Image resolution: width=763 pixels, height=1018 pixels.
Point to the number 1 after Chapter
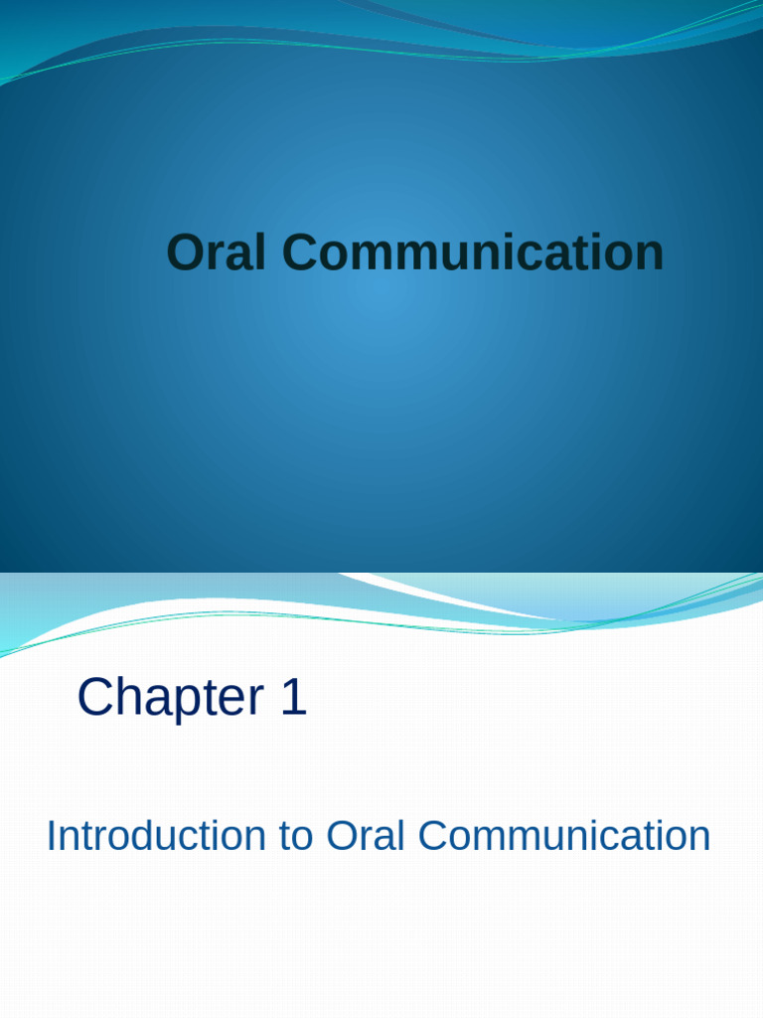pos(293,698)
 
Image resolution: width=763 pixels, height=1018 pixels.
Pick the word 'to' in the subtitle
pos(296,836)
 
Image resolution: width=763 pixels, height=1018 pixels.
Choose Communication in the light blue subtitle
pos(564,836)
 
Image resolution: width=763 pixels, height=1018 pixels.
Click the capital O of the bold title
pos(185,253)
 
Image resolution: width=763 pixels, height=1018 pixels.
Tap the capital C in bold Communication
pos(294,253)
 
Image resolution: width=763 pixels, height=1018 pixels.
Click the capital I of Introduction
pos(52,836)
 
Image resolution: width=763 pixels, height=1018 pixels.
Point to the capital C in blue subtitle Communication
pos(432,836)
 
